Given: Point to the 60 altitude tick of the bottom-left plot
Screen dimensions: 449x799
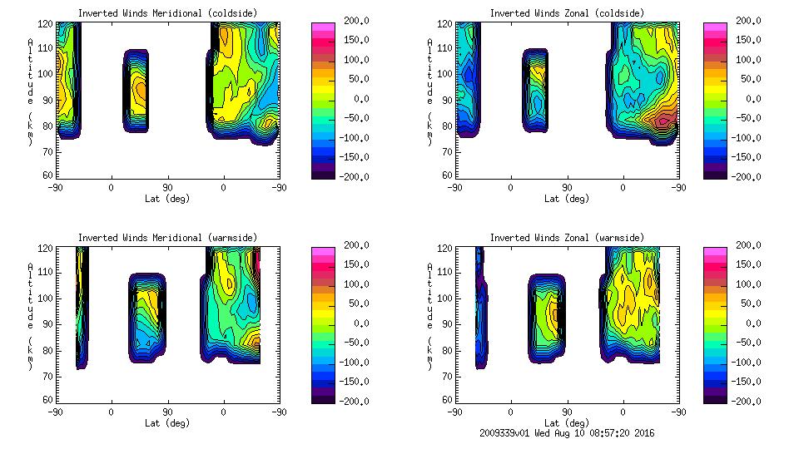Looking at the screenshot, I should (49, 400).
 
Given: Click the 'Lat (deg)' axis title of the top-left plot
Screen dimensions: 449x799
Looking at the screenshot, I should (168, 199).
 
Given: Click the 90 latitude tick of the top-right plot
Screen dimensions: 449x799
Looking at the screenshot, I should (566, 188).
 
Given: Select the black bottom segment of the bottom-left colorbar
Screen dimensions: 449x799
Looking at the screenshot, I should (321, 398).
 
